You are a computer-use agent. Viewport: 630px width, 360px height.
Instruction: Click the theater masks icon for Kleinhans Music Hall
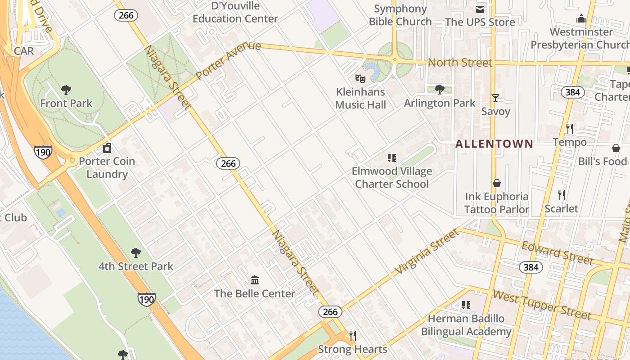tap(360, 79)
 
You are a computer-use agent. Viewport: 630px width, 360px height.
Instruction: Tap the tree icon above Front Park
tap(66, 90)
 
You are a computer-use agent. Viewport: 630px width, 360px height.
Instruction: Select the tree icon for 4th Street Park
tap(135, 253)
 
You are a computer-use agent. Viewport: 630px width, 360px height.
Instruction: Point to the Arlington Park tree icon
tap(440, 90)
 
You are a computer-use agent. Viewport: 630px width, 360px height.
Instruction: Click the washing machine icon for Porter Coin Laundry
tap(107, 148)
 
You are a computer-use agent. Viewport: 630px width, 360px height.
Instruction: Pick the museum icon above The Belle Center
tap(255, 280)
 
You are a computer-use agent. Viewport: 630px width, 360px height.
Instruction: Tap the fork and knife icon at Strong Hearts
tap(353, 336)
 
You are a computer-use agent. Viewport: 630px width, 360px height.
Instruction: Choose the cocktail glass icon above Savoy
tap(495, 98)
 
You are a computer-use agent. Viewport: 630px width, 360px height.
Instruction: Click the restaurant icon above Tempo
tap(570, 129)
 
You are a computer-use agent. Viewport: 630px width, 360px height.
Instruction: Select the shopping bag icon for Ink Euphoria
tap(497, 183)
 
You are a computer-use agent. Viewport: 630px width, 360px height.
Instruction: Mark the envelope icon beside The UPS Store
tap(481, 9)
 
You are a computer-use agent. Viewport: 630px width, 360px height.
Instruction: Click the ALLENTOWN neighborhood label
tap(494, 144)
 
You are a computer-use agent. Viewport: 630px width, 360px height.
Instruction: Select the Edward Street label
tap(557, 253)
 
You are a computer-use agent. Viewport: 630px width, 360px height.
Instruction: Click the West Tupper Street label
tap(541, 305)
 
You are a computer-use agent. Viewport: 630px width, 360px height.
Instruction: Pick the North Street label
tap(460, 63)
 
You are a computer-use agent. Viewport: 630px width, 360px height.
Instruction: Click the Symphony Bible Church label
tap(400, 15)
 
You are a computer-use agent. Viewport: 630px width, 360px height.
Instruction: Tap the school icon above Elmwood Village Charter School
tap(392, 158)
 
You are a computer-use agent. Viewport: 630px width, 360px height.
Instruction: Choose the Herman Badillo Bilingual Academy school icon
tap(466, 305)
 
